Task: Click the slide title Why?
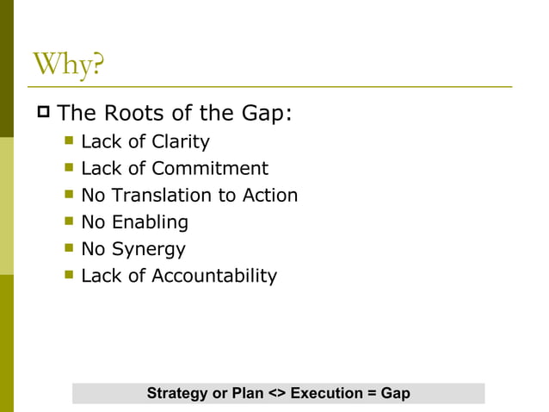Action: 67,66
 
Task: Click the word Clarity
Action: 179,141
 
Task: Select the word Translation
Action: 163,195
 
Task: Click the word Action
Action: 269,195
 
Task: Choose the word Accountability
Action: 214,276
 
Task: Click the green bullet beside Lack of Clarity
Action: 69,141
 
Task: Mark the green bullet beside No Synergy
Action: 69,249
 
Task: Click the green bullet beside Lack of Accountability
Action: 69,276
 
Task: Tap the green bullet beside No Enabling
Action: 69,222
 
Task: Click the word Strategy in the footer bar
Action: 177,393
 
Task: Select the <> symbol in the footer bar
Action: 277,393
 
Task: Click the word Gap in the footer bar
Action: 396,393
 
